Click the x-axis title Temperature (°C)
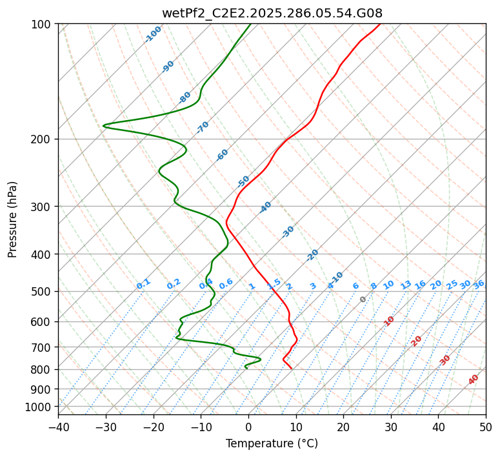pos(272,443)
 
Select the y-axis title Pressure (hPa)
pos(13,219)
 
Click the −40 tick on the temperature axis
pos(58,427)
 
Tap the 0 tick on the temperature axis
pos(248,427)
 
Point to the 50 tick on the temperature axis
pos(486,427)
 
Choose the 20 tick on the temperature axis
pos(343,427)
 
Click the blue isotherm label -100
pos(154,34)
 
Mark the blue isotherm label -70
pos(203,127)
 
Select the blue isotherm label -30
pos(288,232)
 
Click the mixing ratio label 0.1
pos(143,283)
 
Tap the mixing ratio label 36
pos(479,284)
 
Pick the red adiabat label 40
pos(474,380)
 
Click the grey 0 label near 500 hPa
pos(363,300)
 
